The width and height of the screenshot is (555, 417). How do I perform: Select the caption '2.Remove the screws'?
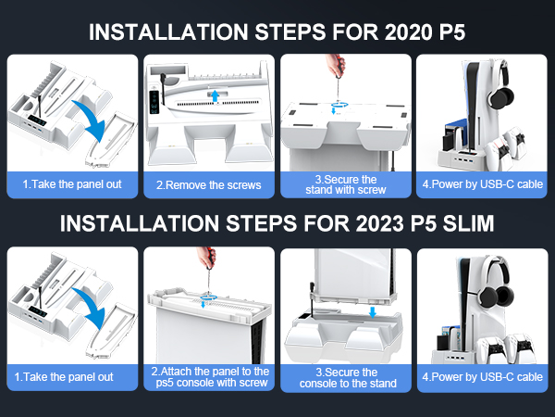208,184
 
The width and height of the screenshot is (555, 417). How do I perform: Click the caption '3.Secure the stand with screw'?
345,183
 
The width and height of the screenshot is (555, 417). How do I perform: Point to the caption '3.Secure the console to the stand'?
345,377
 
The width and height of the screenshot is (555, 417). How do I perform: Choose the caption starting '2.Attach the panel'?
209,377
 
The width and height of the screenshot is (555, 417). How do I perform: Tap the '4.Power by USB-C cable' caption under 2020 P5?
482,184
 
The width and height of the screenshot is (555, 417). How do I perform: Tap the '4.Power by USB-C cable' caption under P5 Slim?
482,377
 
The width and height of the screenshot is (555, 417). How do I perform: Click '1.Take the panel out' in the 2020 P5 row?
72,184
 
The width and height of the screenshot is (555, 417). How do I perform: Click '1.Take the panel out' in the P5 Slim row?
72,377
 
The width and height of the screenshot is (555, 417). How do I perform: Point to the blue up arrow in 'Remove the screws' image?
214,95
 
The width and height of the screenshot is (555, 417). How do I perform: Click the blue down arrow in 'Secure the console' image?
371,312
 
